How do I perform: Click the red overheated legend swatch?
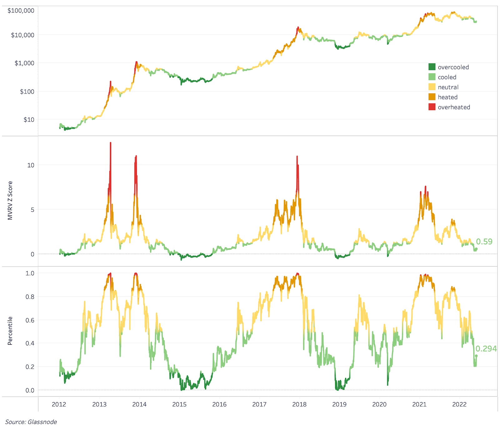pyautogui.click(x=432, y=107)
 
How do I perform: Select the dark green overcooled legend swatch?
pyautogui.click(x=432, y=67)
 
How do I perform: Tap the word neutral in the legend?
pyautogui.click(x=448, y=87)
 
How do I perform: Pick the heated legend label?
pyautogui.click(x=447, y=97)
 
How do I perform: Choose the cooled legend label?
pyautogui.click(x=447, y=77)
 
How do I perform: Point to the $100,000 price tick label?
pyautogui.click(x=21, y=11)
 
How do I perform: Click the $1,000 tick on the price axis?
pyautogui.click(x=24, y=63)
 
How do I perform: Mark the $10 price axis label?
pyautogui.click(x=29, y=119)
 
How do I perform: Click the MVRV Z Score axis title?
pyautogui.click(x=10, y=200)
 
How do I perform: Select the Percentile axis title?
pyautogui.click(x=10, y=331)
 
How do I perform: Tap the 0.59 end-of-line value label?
pyautogui.click(x=484, y=242)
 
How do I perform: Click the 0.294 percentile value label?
pyautogui.click(x=486, y=349)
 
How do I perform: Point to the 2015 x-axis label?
pyautogui.click(x=179, y=404)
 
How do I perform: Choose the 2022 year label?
pyautogui.click(x=459, y=404)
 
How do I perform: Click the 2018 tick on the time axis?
pyautogui.click(x=299, y=404)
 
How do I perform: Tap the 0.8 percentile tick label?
pyautogui.click(x=30, y=297)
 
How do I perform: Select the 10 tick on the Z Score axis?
pyautogui.click(x=31, y=165)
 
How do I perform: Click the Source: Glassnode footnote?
pyautogui.click(x=31, y=422)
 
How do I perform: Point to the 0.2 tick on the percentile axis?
pyautogui.click(x=30, y=367)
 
